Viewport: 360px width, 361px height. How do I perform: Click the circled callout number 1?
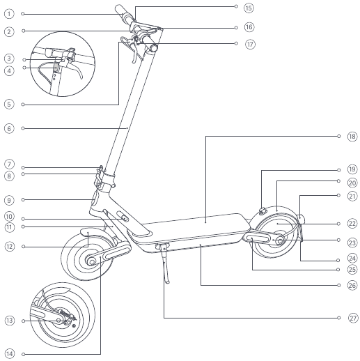[9, 14]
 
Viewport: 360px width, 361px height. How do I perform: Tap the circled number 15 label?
[249, 8]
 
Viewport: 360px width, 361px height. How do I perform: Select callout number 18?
[352, 137]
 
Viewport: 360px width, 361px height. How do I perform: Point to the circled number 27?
[353, 318]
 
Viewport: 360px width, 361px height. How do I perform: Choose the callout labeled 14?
[10, 354]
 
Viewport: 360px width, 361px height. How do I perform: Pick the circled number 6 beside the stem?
[9, 128]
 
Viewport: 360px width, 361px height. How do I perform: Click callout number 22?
[352, 224]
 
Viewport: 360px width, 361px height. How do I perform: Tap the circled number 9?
[9, 200]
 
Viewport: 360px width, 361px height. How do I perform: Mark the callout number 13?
[10, 321]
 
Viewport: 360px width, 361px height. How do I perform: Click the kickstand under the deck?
[165, 263]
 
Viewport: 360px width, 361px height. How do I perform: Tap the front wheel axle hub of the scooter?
[92, 262]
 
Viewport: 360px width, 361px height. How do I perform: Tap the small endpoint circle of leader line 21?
[338, 195]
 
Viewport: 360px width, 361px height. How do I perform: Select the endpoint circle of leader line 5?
[23, 105]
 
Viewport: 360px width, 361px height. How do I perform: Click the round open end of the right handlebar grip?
[154, 49]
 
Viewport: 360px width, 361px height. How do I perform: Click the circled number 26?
[352, 285]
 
